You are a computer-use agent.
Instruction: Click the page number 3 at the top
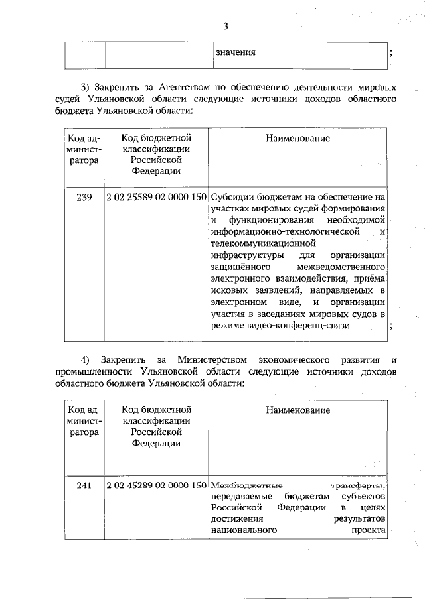tap(226, 27)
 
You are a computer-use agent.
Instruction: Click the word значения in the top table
tap(235, 52)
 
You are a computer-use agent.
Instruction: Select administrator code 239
tap(84, 197)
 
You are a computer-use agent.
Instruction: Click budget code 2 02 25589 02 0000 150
tap(157, 197)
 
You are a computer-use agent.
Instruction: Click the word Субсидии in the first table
tap(234, 197)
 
